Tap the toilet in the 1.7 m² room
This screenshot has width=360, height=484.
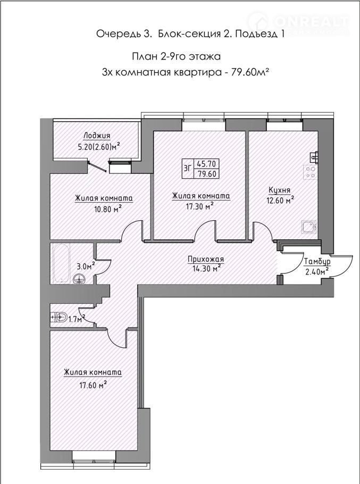coord(58,316)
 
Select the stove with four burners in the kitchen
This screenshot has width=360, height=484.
coord(309,172)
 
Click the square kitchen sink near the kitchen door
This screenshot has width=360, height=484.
coord(309,227)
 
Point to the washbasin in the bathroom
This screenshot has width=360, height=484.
coord(80,279)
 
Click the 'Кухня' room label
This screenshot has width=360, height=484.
coord(280,190)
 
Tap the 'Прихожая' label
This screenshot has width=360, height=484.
coord(206,260)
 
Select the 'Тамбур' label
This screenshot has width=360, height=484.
coord(317,262)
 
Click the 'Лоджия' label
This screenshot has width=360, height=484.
coord(97,136)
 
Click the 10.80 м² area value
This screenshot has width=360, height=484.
coord(107,209)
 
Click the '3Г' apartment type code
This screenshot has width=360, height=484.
coord(188,168)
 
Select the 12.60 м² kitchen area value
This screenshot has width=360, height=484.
coord(280,201)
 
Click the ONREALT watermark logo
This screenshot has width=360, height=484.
coord(298,22)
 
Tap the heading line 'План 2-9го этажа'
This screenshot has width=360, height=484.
coord(176,56)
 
